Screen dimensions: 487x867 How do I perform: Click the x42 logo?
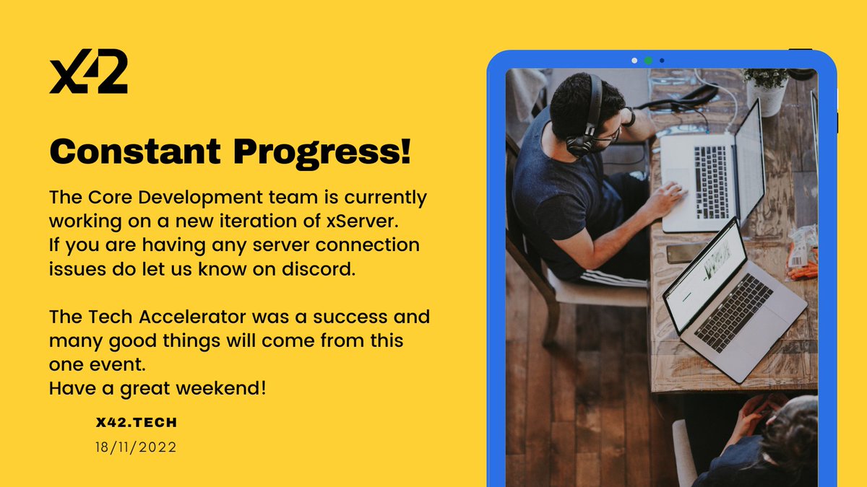point(88,73)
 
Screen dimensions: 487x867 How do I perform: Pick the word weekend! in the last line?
point(227,387)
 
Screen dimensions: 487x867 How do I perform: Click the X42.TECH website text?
point(136,422)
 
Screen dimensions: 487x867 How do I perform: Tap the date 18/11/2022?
point(136,447)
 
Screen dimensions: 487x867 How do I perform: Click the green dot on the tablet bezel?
point(648,61)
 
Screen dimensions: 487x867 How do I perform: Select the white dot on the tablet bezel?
point(634,61)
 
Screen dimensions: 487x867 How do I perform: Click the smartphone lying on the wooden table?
point(683,253)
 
